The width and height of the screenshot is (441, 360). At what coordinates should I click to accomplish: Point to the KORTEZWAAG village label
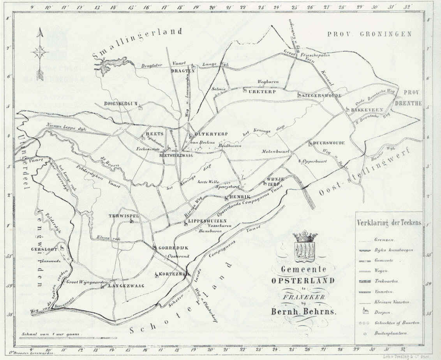[x=175, y=274]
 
